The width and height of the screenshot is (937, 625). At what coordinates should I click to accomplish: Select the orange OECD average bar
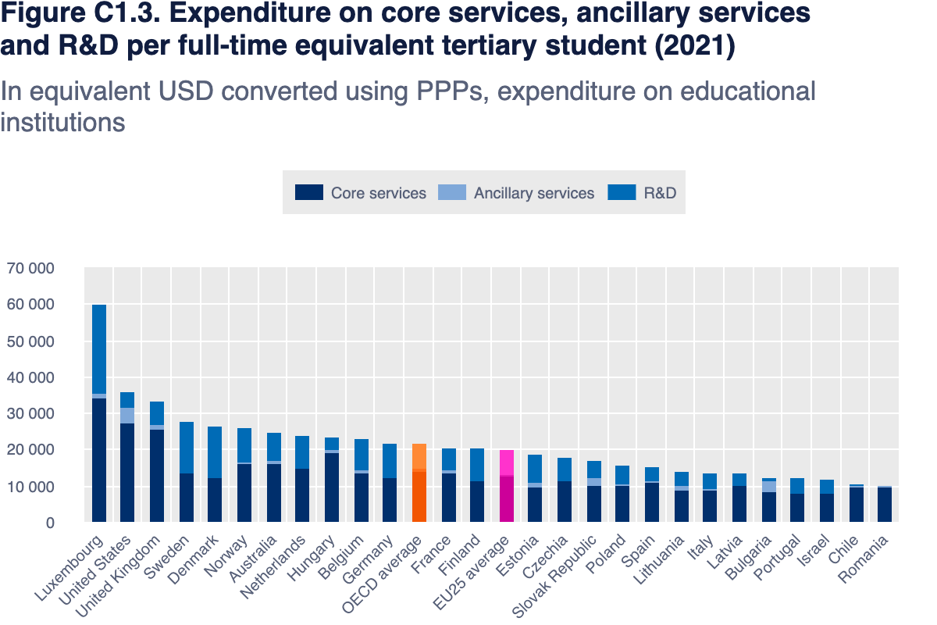[419, 484]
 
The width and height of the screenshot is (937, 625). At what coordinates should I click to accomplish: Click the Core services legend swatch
[308, 192]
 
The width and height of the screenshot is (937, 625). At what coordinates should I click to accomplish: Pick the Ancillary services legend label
[533, 193]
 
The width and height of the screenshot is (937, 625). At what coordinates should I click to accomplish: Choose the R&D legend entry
[659, 192]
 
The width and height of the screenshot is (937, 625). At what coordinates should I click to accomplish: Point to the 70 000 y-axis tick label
[30, 269]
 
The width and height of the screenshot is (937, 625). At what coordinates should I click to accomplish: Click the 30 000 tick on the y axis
[30, 414]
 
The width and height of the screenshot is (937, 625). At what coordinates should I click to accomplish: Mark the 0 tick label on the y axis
[48, 523]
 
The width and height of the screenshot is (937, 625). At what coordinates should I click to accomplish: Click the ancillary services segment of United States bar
[128, 416]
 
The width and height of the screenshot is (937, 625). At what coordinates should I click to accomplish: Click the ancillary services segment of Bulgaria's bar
[769, 487]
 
